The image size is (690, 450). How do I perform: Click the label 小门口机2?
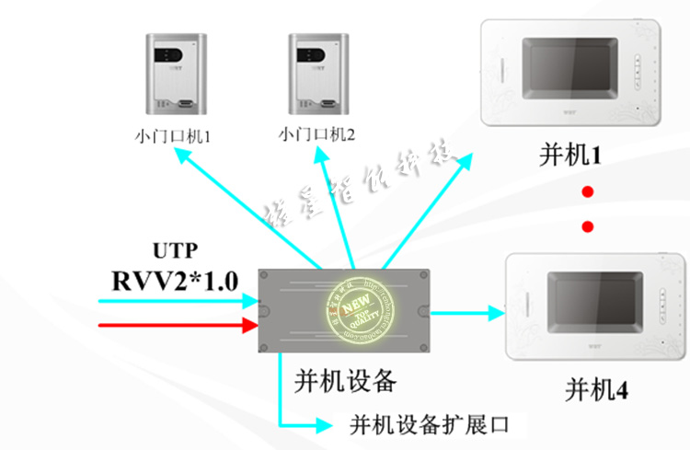(x=316, y=135)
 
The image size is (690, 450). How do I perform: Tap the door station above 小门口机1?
(x=175, y=73)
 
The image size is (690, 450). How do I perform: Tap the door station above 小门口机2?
(x=317, y=73)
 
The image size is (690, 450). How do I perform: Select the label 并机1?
(x=569, y=156)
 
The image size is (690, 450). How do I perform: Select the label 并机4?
(x=596, y=390)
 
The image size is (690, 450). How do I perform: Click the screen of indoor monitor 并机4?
(x=589, y=303)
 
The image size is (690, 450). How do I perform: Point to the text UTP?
(x=175, y=251)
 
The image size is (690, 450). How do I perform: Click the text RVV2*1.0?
(x=175, y=277)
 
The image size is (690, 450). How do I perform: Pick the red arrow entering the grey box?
(x=175, y=325)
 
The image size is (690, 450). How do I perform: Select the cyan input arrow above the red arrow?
(x=175, y=300)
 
